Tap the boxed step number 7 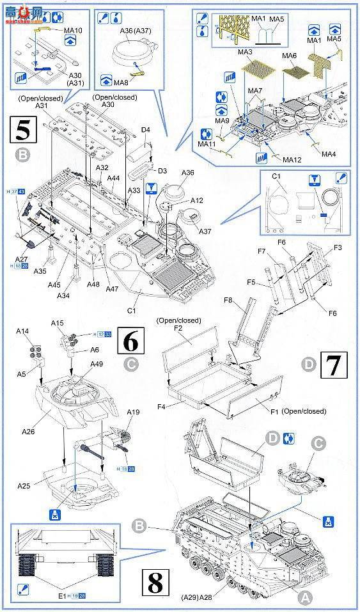click(333, 366)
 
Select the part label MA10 click(74, 30)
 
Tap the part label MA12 click(292, 159)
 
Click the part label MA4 click(329, 154)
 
